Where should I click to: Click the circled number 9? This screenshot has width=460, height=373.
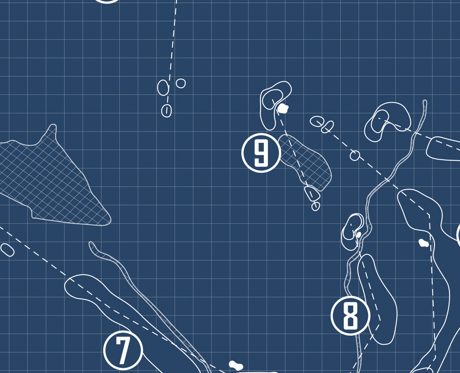click(x=261, y=153)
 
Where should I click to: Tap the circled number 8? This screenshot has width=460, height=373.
click(x=350, y=316)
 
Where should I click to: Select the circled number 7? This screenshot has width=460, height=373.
click(x=123, y=350)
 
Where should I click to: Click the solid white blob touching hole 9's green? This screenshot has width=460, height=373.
click(x=283, y=109)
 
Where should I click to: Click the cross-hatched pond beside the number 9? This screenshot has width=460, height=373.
click(x=304, y=162)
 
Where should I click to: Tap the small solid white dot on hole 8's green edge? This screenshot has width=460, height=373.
click(x=359, y=235)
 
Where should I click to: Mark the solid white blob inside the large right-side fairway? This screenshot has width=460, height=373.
click(x=423, y=243)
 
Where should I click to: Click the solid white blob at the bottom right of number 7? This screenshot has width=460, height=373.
click(x=236, y=365)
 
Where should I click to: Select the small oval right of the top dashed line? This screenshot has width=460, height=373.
click(x=181, y=83)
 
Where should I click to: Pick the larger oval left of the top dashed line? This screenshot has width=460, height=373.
click(x=163, y=88)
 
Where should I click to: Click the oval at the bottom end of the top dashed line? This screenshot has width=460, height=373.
click(x=166, y=111)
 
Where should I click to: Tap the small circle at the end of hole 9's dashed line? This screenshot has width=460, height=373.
click(x=316, y=206)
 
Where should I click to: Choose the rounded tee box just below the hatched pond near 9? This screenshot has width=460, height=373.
click(x=312, y=193)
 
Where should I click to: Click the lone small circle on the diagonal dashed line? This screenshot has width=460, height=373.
click(x=355, y=156)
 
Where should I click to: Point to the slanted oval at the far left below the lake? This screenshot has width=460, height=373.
click(x=7, y=250)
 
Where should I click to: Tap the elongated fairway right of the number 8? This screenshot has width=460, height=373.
click(x=377, y=299)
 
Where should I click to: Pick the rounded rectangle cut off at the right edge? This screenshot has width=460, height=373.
click(x=443, y=149)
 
